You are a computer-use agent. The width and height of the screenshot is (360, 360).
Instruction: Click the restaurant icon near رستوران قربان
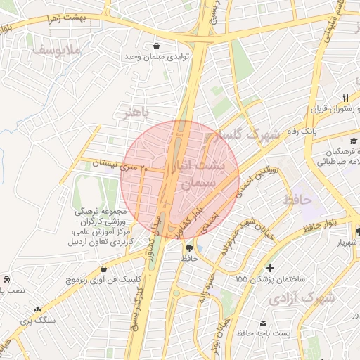(x=345, y=97)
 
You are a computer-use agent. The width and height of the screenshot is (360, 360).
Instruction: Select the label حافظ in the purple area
(x=297, y=201)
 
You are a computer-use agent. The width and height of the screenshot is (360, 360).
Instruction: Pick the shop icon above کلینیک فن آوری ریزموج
(x=104, y=268)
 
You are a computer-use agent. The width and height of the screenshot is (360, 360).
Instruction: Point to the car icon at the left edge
(x=6, y=278)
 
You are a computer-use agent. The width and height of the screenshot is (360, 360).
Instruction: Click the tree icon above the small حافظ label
(x=188, y=247)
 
